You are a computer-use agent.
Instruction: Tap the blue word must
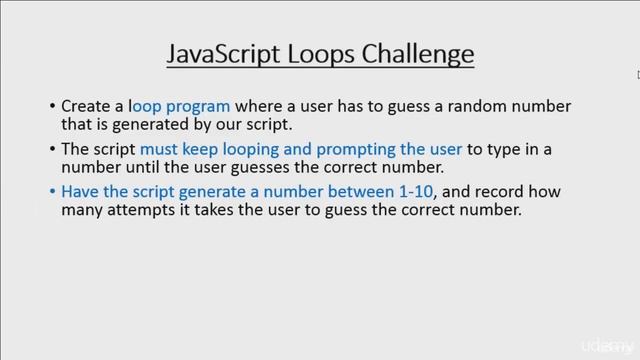(x=176, y=149)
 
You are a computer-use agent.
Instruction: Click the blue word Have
(x=79, y=193)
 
